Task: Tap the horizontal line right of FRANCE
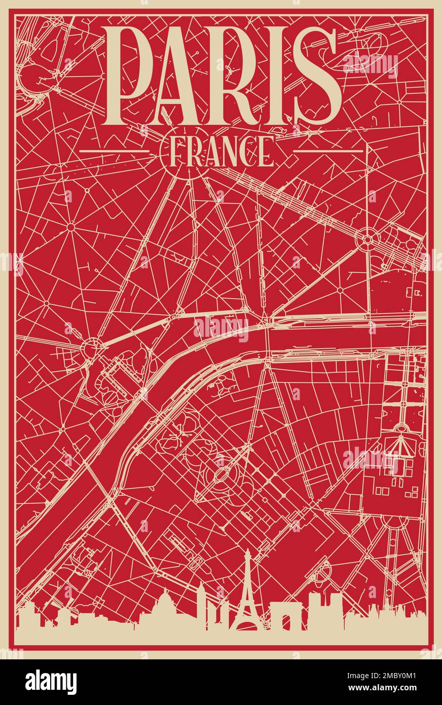328,151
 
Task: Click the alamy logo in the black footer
51,682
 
